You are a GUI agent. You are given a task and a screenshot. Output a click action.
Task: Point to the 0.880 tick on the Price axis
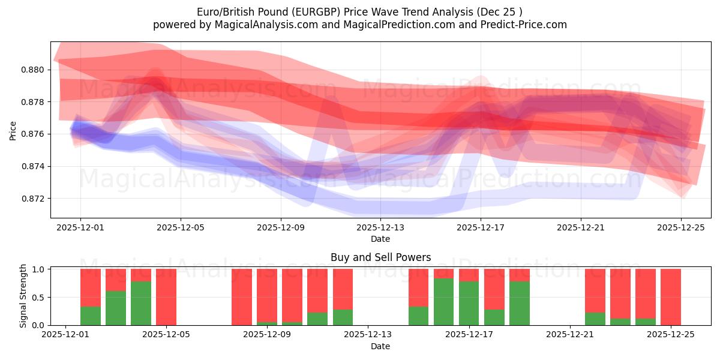point(32,70)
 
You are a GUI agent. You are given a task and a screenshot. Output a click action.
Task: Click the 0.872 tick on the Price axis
point(32,199)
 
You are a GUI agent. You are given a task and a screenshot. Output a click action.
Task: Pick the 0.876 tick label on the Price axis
point(32,134)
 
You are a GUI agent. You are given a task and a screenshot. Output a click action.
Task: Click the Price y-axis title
point(13,130)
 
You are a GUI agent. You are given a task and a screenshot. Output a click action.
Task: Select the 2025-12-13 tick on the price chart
point(380,227)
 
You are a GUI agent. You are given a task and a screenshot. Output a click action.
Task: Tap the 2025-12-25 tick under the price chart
point(680,227)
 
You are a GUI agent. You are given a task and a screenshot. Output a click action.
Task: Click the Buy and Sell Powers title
point(380,257)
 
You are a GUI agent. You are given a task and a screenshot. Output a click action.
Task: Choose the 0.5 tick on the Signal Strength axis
point(37,298)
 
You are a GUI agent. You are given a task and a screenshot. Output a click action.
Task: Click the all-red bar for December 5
point(166,297)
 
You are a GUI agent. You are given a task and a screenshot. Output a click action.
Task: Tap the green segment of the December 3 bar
point(116,308)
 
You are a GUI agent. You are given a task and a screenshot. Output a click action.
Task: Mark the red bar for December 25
point(671,297)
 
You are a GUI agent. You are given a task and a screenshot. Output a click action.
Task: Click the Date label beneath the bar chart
point(380,346)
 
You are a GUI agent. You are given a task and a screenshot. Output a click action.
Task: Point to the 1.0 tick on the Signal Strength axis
point(37,269)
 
